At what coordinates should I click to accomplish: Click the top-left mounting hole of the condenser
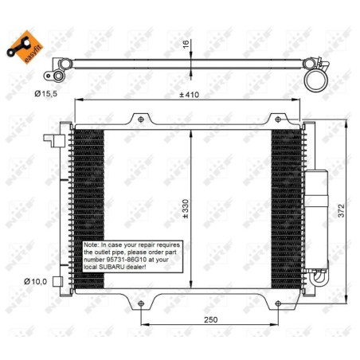pyautogui.click(x=142, y=119)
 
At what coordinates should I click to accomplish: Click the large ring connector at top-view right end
pyautogui.click(x=316, y=77)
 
